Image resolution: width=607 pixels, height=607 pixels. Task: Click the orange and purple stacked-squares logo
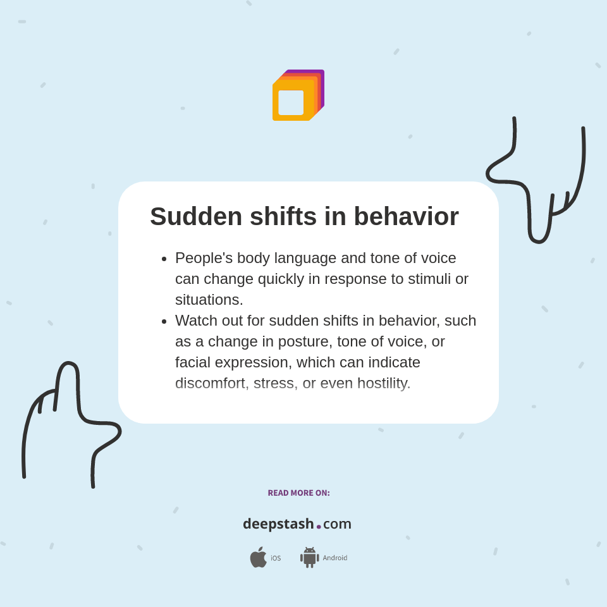point(298,95)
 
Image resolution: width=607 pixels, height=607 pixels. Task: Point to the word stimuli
point(417,279)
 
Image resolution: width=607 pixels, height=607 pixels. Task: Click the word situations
point(209,300)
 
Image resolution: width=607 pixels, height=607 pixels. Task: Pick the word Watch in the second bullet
point(196,321)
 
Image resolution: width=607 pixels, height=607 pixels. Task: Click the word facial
point(195,362)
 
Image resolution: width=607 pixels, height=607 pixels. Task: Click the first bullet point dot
point(164,259)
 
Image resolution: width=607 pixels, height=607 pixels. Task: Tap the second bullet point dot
point(164,322)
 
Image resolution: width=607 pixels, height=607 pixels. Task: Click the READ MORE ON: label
point(298,493)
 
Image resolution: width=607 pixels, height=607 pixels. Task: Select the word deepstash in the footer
point(278,524)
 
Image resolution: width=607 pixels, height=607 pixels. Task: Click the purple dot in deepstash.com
point(319,527)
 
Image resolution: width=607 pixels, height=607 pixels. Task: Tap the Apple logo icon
point(258,557)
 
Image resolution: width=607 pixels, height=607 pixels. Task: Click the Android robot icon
point(309,557)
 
